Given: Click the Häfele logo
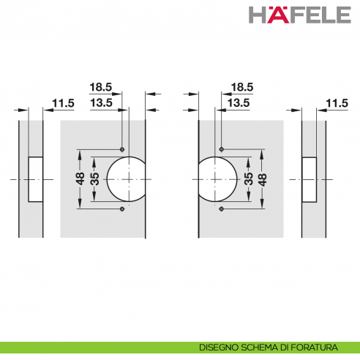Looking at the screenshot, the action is click(300, 15).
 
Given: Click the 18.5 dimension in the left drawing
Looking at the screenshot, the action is click(101, 87).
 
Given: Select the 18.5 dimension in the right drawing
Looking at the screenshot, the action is click(242, 87).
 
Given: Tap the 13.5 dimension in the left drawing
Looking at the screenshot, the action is click(101, 103).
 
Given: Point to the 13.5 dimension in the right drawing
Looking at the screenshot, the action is click(239, 103).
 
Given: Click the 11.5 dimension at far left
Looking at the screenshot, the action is click(63, 103).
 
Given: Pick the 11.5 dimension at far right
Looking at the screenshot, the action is click(337, 103).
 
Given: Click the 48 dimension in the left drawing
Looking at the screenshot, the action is click(80, 179).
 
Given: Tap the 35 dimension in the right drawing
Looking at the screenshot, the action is click(249, 179).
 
